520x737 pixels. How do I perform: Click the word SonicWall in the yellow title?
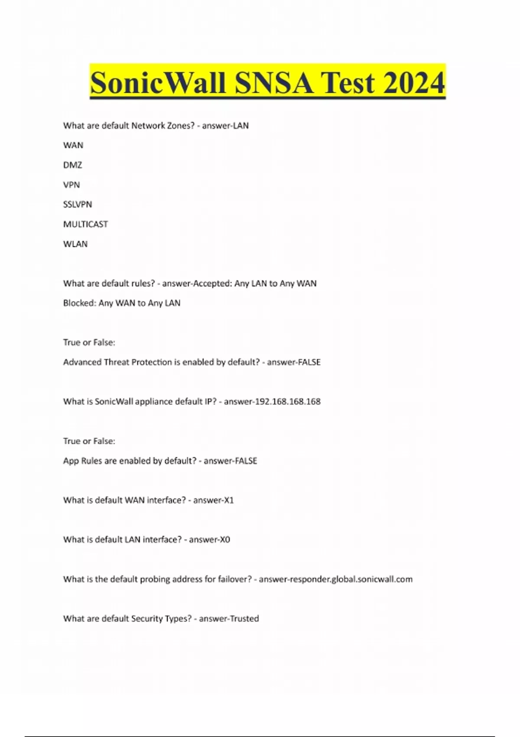pyautogui.click(x=158, y=82)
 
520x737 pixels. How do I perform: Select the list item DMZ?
pyautogui.click(x=72, y=165)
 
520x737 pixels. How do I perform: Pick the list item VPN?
pyautogui.click(x=71, y=185)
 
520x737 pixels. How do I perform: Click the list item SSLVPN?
pyautogui.click(x=78, y=204)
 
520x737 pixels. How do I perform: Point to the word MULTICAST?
pyautogui.click(x=85, y=224)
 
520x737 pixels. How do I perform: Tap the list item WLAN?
pyautogui.click(x=75, y=244)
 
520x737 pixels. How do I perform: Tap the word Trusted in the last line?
pyautogui.click(x=244, y=618)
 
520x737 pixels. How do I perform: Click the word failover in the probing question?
pyautogui.click(x=232, y=579)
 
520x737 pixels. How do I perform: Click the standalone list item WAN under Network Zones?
pyautogui.click(x=73, y=145)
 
